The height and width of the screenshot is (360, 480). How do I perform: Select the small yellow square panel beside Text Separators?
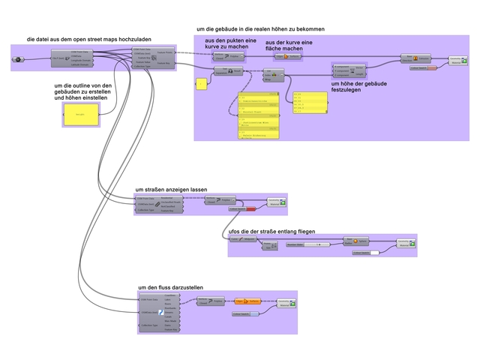click(x=201, y=84)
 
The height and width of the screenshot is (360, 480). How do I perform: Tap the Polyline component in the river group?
click(x=213, y=301)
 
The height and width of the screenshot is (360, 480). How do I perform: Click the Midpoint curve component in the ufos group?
click(x=244, y=240)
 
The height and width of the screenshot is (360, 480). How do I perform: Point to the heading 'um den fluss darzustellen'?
click(x=169, y=287)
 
